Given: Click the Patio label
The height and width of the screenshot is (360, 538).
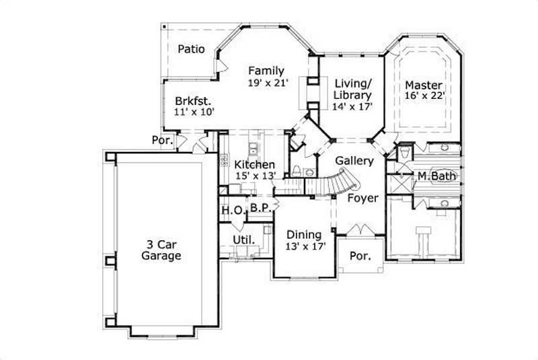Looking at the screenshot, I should pos(191,48).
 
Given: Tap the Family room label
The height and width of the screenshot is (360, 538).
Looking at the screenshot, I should pos(266,71).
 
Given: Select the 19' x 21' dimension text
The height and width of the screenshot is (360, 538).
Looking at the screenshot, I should pos(268,83).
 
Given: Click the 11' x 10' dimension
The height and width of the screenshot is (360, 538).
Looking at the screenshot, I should pos(193,112).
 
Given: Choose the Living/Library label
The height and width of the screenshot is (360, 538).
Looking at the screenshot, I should pos(352,89).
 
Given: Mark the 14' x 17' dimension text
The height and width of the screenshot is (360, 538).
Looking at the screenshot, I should pos(352,106).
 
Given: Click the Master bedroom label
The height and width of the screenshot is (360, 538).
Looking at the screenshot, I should pos(424,85).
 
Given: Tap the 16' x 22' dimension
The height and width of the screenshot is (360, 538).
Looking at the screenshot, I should pos(424,97).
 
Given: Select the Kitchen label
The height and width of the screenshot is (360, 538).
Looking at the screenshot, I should pos(254,164).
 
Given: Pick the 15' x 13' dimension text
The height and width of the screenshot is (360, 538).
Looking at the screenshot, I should pos(254,176).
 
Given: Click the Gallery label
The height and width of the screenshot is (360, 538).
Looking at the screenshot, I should pos(354,161).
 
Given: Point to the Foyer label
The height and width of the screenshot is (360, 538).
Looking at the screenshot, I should pos(362,198).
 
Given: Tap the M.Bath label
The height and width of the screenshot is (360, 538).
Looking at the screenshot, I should pos(436,176).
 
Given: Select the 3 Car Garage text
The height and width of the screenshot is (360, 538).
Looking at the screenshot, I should pos(161,250).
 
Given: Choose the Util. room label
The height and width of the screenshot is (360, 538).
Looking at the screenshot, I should pos(242,240).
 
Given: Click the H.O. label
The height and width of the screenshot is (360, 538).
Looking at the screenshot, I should pos(233,211).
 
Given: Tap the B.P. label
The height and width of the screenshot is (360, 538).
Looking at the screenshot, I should pos(260,209).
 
